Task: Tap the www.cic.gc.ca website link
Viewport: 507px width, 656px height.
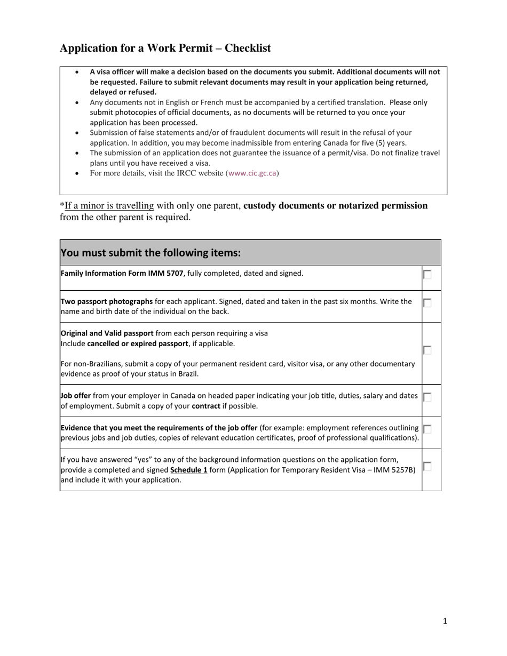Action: pyautogui.click(x=252, y=173)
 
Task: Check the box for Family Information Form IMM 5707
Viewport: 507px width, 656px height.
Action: pyautogui.click(x=427, y=275)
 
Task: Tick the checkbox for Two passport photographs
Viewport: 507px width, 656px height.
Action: pyautogui.click(x=427, y=302)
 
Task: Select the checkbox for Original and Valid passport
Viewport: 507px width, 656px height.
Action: pyautogui.click(x=427, y=350)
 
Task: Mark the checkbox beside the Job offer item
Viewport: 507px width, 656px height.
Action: pyautogui.click(x=427, y=397)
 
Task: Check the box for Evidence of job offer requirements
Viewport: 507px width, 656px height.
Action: pyautogui.click(x=427, y=429)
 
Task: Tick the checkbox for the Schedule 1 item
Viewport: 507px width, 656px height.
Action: pyautogui.click(x=427, y=466)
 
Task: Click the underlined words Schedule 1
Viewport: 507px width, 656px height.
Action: pyautogui.click(x=188, y=470)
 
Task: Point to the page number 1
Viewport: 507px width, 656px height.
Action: pyautogui.click(x=445, y=621)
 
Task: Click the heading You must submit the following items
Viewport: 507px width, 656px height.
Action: pyautogui.click(x=150, y=253)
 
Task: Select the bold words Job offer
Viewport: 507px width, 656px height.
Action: pyautogui.click(x=75, y=396)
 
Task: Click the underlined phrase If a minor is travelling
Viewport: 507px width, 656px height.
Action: pyautogui.click(x=109, y=206)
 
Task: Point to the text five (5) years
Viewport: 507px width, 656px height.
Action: pyautogui.click(x=384, y=143)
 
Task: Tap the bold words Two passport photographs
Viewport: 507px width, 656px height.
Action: pyautogui.click(x=107, y=301)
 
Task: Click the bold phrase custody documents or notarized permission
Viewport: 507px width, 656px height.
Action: pyautogui.click(x=335, y=206)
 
